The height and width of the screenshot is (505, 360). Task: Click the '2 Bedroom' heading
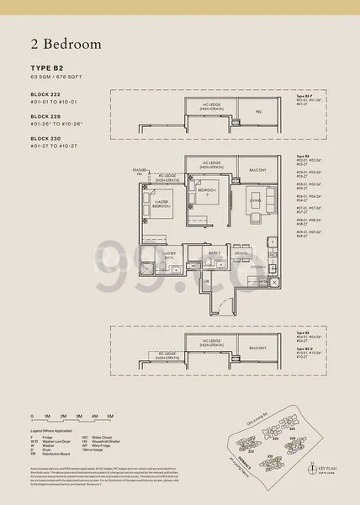pos(62,43)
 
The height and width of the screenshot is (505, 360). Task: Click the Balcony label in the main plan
pos(258,170)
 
